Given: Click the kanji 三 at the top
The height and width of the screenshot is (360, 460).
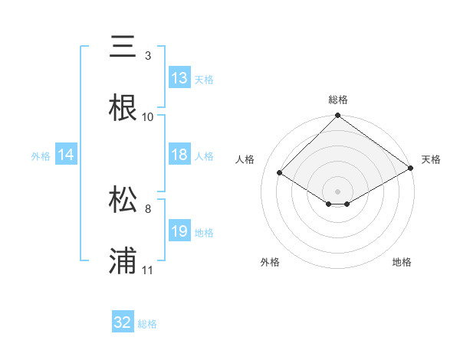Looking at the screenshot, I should [123, 47].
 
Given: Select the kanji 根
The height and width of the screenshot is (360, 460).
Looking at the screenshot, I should [123, 108].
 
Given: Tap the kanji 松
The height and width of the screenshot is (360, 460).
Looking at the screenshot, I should [123, 200].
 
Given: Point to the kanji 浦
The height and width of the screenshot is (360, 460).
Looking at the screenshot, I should [123, 261].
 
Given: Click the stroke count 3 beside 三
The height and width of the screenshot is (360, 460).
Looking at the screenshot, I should [147, 56].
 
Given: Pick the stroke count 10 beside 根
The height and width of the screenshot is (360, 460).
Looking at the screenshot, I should [148, 117].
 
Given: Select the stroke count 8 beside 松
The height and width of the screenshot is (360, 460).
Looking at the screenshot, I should [147, 208].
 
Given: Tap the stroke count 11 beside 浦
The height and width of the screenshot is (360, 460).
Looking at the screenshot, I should [148, 270].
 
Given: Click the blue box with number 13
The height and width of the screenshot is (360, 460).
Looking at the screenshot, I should [179, 78].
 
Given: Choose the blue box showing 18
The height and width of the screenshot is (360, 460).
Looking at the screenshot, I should [179, 155].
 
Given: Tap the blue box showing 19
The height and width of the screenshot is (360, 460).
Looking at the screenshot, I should [179, 231].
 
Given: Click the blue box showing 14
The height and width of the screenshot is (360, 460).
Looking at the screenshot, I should [66, 155].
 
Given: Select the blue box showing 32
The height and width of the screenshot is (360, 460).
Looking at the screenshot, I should [123, 322].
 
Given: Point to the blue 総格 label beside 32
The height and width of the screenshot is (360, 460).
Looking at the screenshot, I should [147, 324].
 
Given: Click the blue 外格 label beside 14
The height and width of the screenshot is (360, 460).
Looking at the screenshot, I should [41, 156].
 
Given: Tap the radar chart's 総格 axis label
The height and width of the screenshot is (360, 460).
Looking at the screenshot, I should [337, 100].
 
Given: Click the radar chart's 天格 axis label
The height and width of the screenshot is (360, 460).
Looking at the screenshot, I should [431, 159].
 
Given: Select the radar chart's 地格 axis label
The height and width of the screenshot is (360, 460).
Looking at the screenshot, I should [402, 262].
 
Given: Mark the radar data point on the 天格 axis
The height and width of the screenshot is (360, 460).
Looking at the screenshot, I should [411, 169].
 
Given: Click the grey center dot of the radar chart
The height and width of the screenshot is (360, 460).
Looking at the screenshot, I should [337, 191].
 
